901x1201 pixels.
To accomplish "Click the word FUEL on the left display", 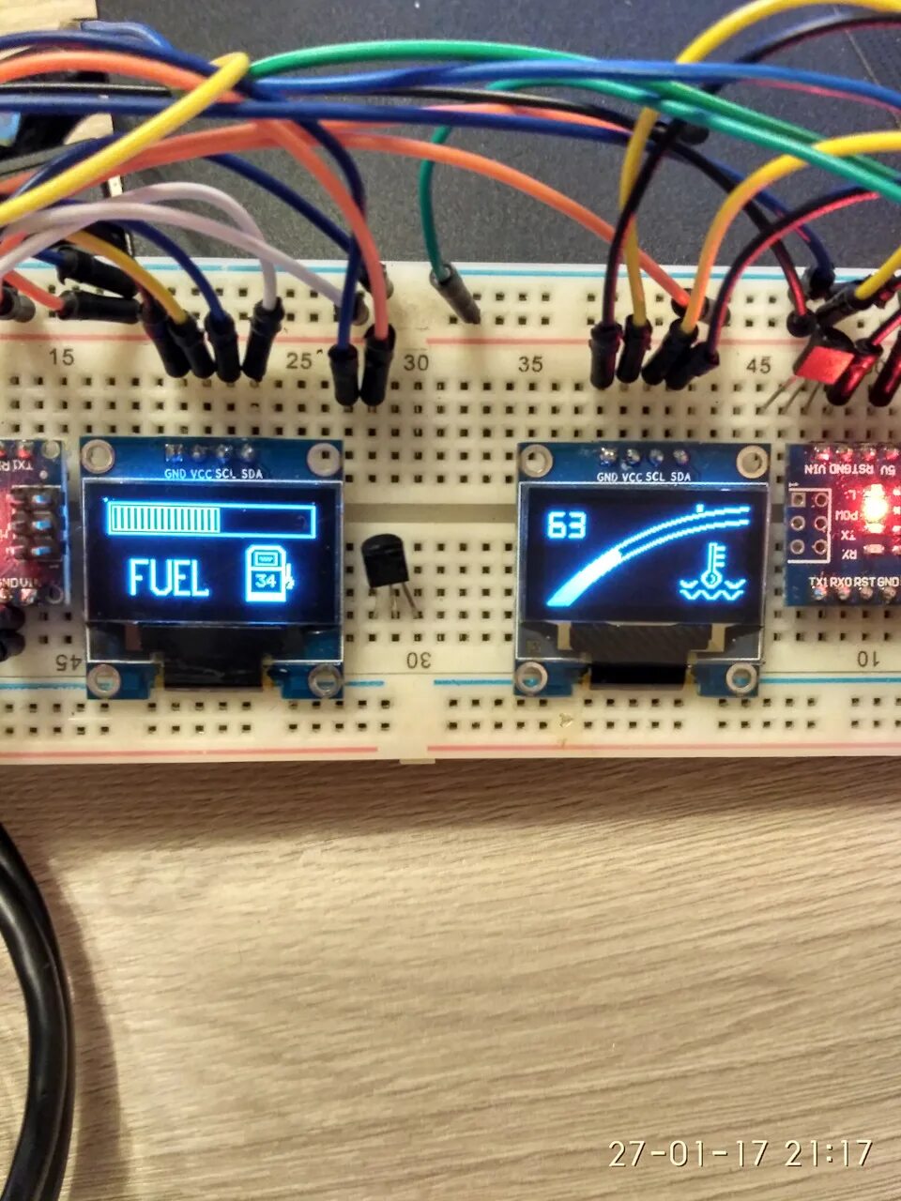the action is pos(168,578).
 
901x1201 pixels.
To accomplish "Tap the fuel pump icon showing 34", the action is pos(267,574).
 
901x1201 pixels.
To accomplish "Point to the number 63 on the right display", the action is pos(566,526).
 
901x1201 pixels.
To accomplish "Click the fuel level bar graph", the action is pos(211,519).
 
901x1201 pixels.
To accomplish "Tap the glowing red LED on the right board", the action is pos(874,508).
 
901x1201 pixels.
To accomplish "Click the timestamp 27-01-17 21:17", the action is pos(741,1153).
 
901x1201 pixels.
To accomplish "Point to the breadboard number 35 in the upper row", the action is pos(531,364).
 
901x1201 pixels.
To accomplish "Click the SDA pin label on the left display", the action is pos(252,473).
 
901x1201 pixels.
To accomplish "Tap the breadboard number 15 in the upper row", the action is pos(62,357).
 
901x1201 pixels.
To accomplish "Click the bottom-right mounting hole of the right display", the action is pos(741,677).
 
